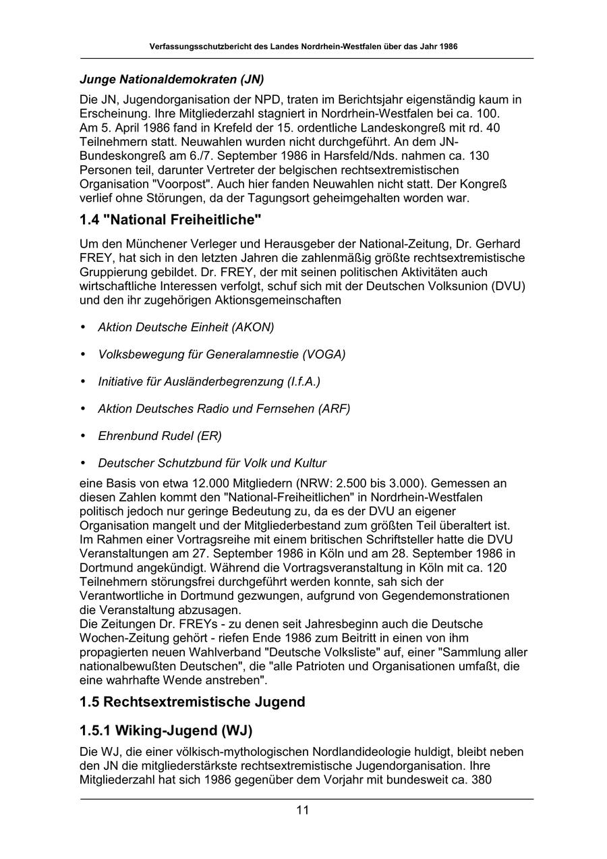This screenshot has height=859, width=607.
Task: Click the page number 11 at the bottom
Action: pos(302,810)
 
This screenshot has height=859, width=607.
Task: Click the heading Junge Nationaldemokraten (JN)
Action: pos(171,79)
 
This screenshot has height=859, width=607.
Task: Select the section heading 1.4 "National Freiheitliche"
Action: pos(170,219)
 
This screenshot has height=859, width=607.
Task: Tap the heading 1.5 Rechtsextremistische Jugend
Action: pos(192,702)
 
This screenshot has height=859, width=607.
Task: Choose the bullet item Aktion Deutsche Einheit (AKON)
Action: pos(186,327)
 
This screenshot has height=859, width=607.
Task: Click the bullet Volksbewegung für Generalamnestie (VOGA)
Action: pos(222,354)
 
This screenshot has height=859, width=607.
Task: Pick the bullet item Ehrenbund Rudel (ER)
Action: pos(160,436)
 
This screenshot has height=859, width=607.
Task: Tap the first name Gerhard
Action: pos(497,244)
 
